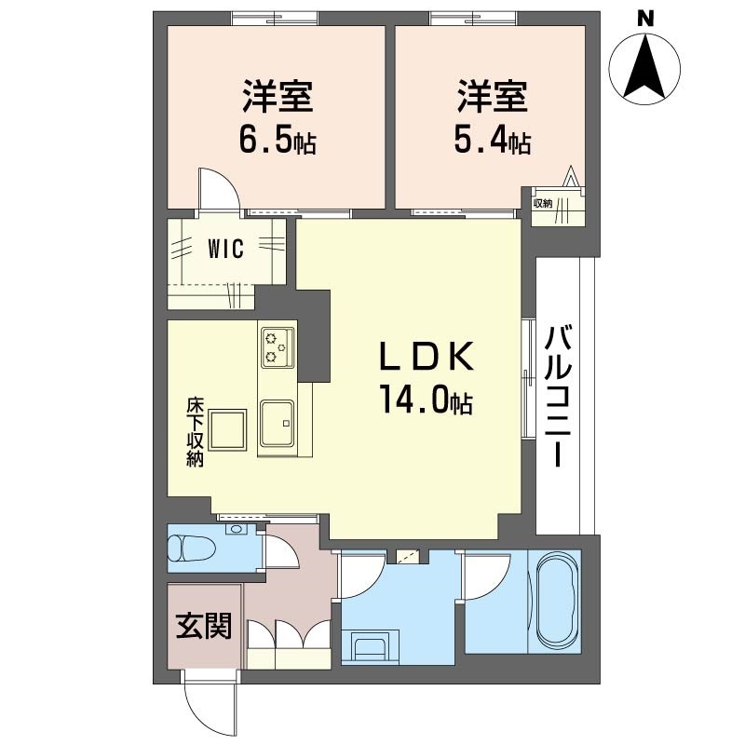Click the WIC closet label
pyautogui.click(x=225, y=250)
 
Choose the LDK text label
pyautogui.click(x=426, y=358)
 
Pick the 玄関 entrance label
pyautogui.click(x=204, y=627)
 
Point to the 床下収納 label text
pyautogui.click(x=195, y=433)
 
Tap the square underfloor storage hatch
pyautogui.click(x=228, y=429)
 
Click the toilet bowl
pyautogui.click(x=189, y=549)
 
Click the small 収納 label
pyautogui.click(x=543, y=202)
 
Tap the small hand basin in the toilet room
pyautogui.click(x=237, y=531)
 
